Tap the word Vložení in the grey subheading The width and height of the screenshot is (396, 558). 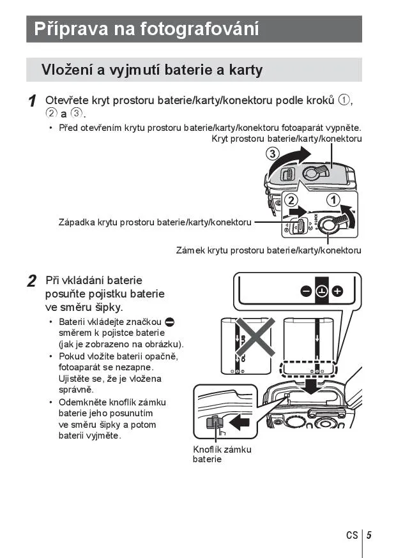point(67,70)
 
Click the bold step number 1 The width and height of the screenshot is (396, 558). point(32,102)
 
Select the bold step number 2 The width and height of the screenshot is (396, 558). point(32,281)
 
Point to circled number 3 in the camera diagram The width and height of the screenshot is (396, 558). point(273,155)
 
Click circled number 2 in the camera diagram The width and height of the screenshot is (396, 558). point(291,200)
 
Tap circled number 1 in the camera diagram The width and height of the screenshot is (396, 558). point(333,200)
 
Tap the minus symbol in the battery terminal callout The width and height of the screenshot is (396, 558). point(306,292)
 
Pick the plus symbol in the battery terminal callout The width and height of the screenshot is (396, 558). point(337,292)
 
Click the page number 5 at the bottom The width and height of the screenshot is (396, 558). point(369,536)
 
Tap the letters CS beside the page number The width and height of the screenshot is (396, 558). point(353,536)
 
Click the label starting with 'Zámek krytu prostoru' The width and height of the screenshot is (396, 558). point(268,250)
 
